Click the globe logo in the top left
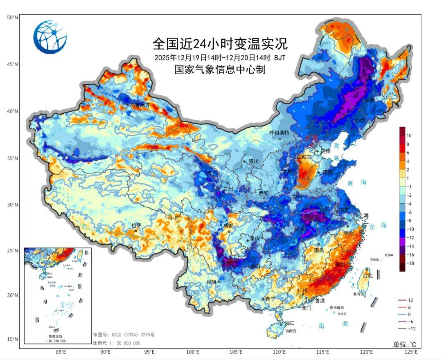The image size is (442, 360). [50, 37]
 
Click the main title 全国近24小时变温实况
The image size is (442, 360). [220, 43]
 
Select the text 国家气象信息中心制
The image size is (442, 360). [220, 70]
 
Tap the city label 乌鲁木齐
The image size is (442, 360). [140, 105]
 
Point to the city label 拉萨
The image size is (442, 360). [136, 225]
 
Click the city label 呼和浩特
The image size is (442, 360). [279, 133]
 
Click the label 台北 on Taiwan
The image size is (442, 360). [368, 276]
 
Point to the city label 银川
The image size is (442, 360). [253, 161]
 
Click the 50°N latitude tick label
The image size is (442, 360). [12, 17]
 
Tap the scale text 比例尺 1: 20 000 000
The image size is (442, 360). [116, 343]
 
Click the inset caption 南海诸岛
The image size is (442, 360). [57, 336]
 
